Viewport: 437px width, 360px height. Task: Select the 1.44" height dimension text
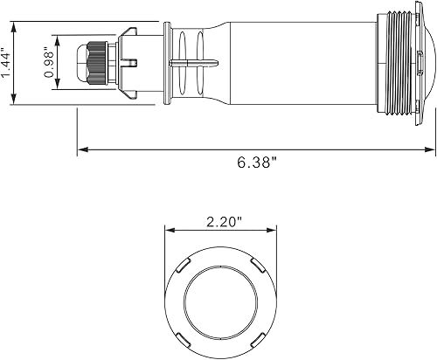(x=9, y=65)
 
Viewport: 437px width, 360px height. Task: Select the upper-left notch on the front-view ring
(x=183, y=263)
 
